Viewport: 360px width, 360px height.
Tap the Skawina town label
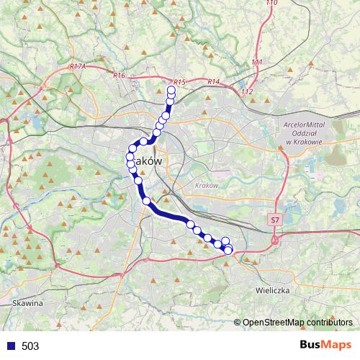(28, 303)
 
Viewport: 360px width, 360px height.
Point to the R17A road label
(78, 66)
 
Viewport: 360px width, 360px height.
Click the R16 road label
(120, 75)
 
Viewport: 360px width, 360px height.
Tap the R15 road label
(180, 83)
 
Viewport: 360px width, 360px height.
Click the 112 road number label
(247, 91)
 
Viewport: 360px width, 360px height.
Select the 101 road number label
(257, 63)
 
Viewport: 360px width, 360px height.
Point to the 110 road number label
(271, 4)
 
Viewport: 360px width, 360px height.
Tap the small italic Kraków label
(206, 185)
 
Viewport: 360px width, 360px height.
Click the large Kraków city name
(145, 162)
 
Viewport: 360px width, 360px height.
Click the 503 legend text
(30, 346)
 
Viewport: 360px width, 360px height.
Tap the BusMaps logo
(326, 346)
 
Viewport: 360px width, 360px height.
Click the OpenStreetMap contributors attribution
(298, 323)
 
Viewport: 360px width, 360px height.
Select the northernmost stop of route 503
(171, 89)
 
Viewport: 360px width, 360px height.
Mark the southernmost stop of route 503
(229, 251)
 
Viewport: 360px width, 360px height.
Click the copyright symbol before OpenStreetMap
(238, 323)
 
